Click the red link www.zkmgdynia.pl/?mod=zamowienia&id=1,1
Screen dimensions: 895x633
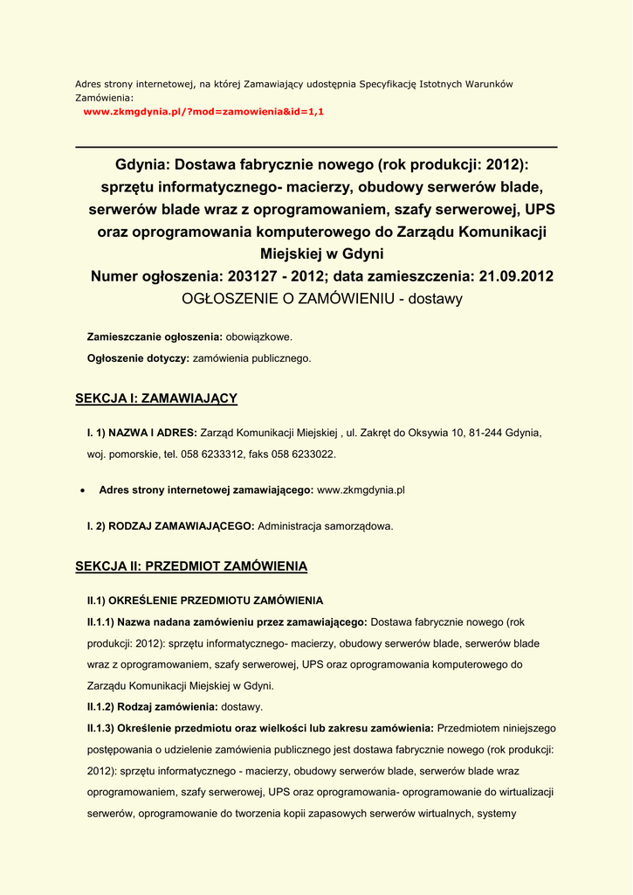pos(203,113)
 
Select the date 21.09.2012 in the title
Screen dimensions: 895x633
pos(516,276)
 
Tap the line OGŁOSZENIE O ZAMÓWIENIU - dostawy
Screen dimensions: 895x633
pos(321,299)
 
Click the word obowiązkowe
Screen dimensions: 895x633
pos(259,336)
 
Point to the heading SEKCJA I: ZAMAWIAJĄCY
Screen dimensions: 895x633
pos(156,399)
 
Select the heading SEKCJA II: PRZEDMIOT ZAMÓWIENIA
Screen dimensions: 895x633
pos(191,566)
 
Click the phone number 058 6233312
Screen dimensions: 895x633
pos(212,454)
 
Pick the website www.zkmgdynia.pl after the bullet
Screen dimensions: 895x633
pos(361,490)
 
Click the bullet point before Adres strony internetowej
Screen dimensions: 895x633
pos(81,491)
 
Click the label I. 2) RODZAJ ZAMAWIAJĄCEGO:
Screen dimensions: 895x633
pos(170,526)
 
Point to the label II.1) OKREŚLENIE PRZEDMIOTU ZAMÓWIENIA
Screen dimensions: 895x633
pos(204,600)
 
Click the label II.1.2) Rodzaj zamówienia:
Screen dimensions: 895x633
pos(152,706)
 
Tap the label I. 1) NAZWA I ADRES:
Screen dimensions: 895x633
pos(142,433)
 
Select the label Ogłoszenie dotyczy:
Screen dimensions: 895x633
pos(138,357)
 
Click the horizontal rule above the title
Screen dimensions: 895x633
pos(316,147)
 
